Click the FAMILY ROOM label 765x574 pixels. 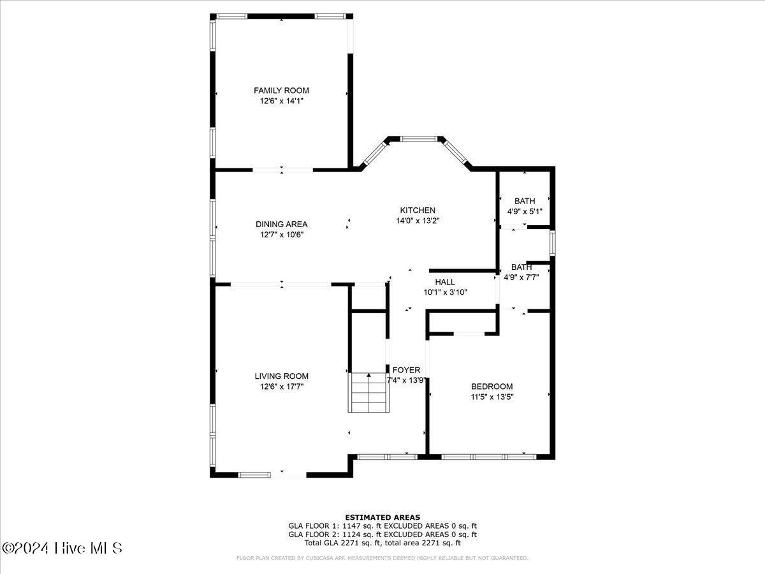point(281,91)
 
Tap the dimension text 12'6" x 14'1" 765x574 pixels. point(281,101)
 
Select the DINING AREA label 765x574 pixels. point(281,224)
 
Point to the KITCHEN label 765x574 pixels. point(418,210)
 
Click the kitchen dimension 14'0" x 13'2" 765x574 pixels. point(418,221)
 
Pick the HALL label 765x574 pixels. point(445,282)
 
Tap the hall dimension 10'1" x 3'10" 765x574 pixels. point(445,292)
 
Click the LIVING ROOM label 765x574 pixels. point(281,376)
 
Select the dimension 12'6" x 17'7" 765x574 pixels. point(281,386)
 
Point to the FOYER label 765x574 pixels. point(406,370)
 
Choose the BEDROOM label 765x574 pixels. point(492,386)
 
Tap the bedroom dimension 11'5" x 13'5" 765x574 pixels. point(492,397)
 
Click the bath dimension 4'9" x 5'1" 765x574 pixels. point(525,211)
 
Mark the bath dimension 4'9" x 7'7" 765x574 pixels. point(521,277)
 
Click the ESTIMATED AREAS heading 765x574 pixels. point(382,517)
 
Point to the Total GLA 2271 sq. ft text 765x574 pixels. point(344,543)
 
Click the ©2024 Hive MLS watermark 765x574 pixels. point(62,548)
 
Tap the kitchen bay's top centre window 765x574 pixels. point(418,137)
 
